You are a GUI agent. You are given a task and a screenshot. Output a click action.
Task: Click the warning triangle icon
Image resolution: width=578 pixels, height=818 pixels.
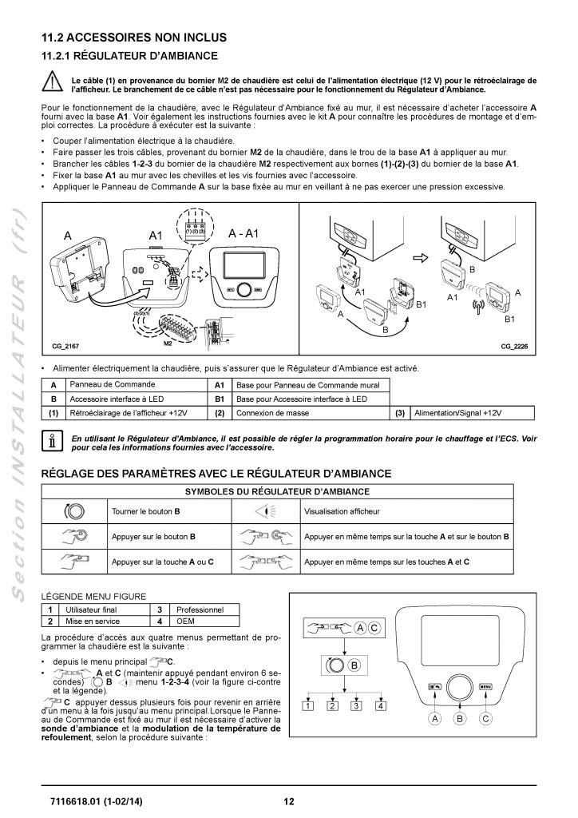53,83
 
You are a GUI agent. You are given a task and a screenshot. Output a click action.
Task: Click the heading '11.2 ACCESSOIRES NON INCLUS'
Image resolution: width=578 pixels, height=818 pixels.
134,38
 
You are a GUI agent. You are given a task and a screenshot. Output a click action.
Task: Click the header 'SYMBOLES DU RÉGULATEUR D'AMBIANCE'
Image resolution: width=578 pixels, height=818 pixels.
289,491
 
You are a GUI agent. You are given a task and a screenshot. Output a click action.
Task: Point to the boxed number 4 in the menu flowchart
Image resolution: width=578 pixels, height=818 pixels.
381,705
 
